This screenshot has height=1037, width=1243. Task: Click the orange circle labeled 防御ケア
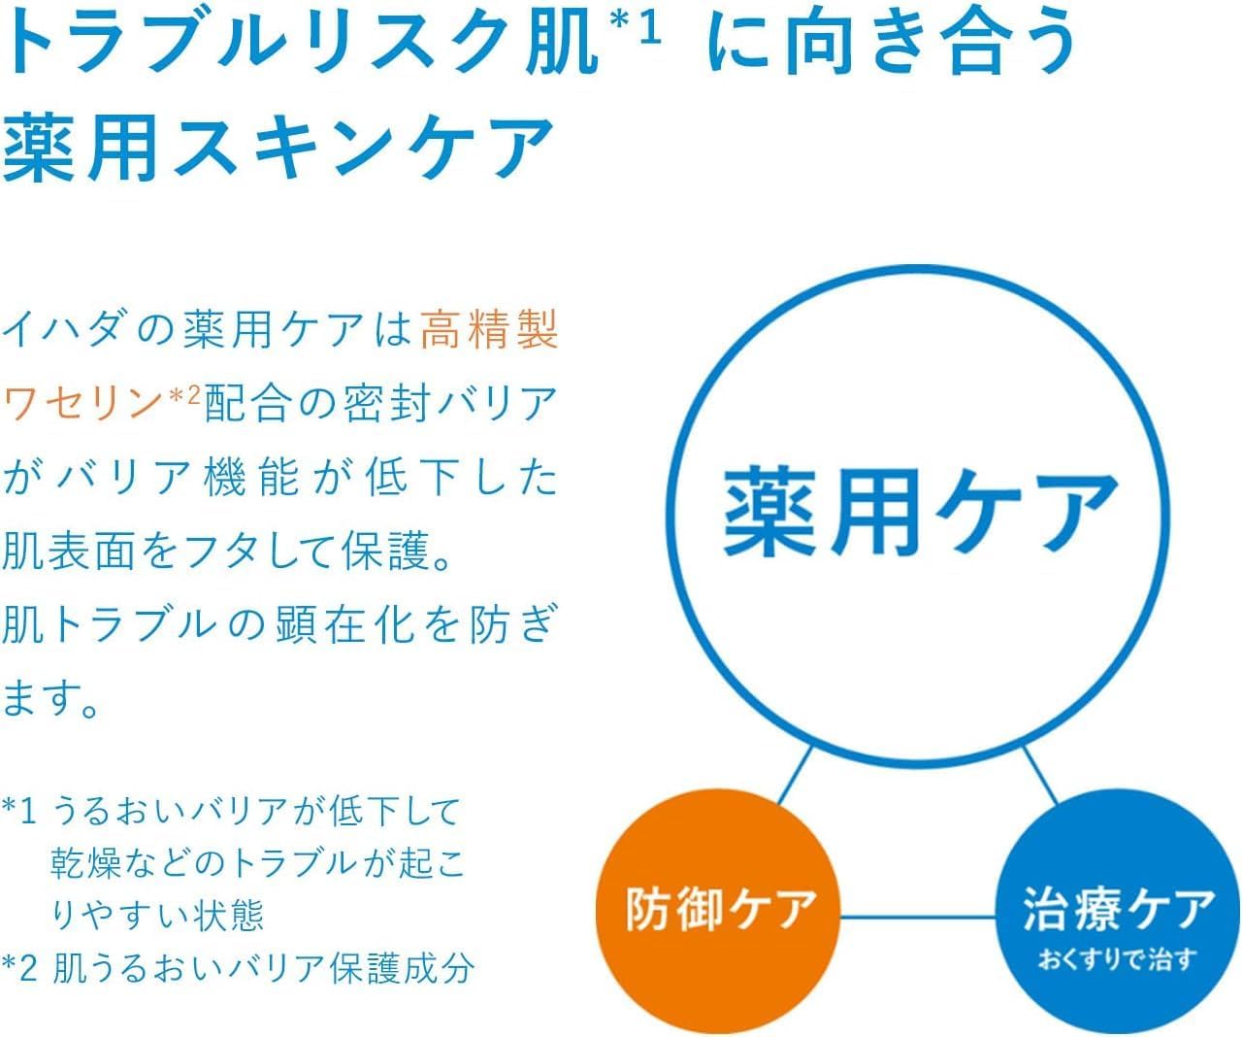(718, 908)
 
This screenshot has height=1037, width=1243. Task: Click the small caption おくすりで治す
(1117, 960)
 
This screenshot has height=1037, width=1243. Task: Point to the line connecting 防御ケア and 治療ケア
(917, 916)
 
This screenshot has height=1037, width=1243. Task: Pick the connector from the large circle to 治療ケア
(1039, 774)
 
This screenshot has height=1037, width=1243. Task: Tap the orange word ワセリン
(82, 402)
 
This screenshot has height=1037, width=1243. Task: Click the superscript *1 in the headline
(636, 29)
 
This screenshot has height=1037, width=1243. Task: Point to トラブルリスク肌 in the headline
(301, 44)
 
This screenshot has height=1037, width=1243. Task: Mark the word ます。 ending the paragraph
(53, 699)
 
